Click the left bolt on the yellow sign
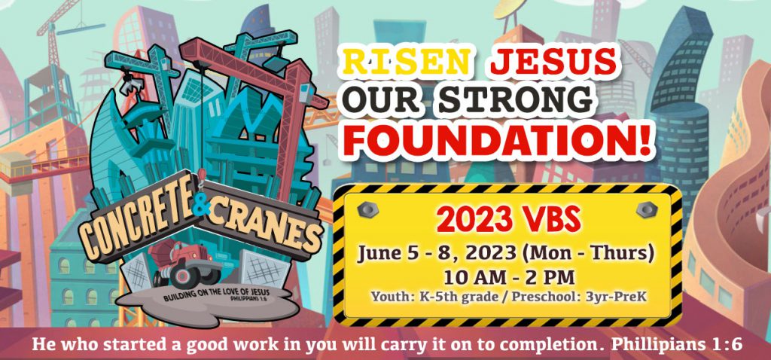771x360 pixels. click(367, 209)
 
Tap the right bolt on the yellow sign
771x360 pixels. click(647, 209)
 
